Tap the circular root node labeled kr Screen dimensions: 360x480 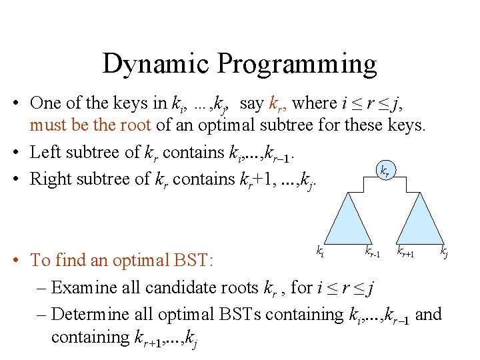click(x=385, y=171)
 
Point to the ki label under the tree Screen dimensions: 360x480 click(x=320, y=251)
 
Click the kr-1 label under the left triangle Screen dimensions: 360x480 click(x=373, y=251)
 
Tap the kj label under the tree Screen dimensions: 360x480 click(x=443, y=251)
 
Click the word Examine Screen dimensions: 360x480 click(x=83, y=287)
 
